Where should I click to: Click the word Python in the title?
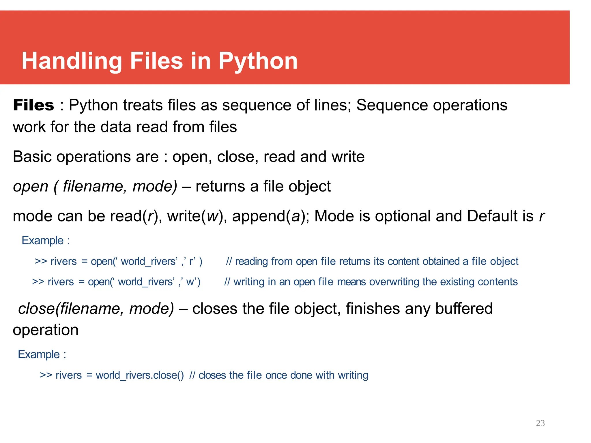coord(258,61)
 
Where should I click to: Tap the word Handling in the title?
coord(72,61)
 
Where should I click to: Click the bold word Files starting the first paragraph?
coord(33,105)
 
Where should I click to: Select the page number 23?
coord(540,423)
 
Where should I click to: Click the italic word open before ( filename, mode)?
coord(31,187)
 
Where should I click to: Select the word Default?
coord(500,216)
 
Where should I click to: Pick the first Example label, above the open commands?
coord(43,241)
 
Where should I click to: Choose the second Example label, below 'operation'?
coord(39,354)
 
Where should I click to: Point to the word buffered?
coord(464,309)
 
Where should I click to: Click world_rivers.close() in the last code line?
coord(140,375)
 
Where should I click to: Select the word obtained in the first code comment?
coord(441,261)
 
